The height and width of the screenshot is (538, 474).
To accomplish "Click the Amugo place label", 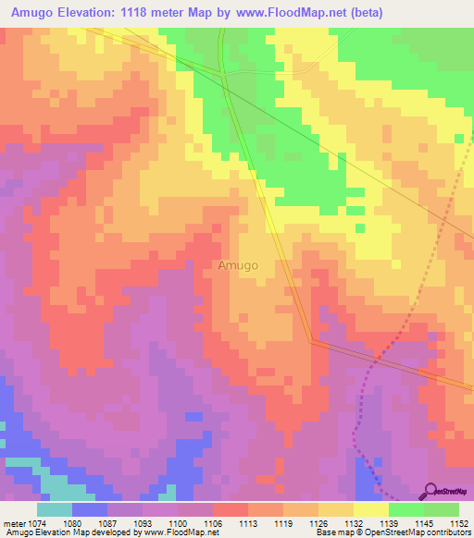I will tap(238, 265).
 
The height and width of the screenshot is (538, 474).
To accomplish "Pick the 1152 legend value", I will tap(459, 522).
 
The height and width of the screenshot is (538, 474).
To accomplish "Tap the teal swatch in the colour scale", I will tap(55, 509).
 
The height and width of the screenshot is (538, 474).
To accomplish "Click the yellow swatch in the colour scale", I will tap(370, 509).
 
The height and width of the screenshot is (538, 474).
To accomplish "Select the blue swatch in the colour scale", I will tap(90, 509).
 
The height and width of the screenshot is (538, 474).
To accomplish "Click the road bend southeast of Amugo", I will tap(312, 340).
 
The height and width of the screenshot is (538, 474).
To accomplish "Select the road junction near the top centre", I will tap(221, 71).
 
